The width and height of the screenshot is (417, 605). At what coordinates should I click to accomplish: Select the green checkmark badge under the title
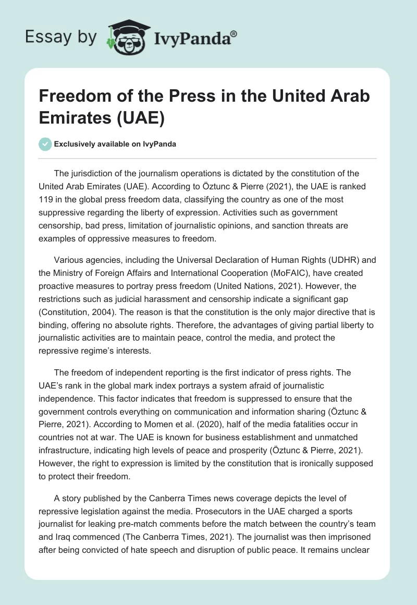pos(46,144)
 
